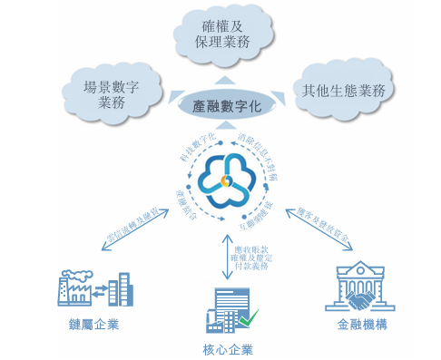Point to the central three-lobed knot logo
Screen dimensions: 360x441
pyautogui.click(x=221, y=178)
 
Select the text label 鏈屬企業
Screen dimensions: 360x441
pyautogui.click(x=89, y=325)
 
